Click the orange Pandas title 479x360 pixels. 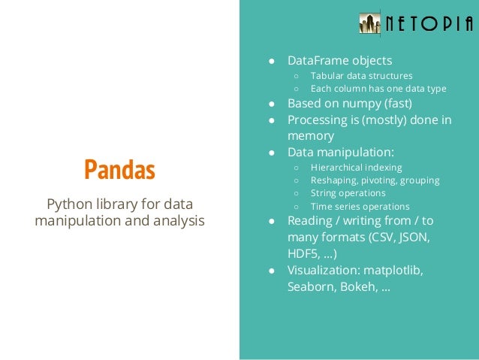(x=119, y=171)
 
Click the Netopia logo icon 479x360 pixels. (x=369, y=23)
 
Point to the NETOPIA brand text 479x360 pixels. (x=429, y=23)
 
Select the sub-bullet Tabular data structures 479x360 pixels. (x=361, y=76)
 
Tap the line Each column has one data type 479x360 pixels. (x=378, y=89)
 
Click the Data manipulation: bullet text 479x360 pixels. (x=340, y=152)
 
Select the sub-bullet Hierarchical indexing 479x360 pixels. (x=356, y=168)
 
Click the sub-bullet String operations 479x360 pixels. (x=348, y=193)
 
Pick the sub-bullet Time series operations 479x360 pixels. (x=360, y=207)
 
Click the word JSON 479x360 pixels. (x=412, y=237)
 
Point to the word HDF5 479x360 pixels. (x=303, y=254)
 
